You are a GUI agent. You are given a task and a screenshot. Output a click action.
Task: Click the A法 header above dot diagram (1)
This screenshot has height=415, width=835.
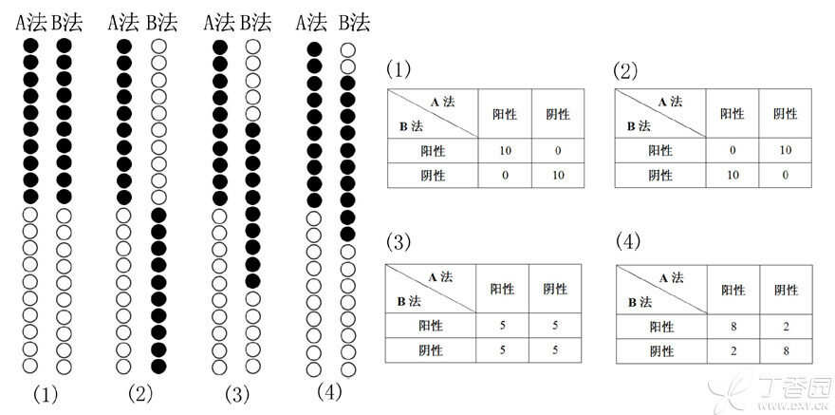coord(30,21)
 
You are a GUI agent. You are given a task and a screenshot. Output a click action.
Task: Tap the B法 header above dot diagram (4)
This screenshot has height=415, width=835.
coord(355,21)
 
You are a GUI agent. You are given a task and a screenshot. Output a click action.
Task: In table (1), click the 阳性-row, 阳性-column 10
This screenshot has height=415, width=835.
coord(504,151)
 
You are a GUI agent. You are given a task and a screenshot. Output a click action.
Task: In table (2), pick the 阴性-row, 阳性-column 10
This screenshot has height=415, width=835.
coord(732,176)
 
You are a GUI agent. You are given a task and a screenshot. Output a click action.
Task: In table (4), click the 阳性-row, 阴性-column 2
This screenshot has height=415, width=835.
coord(785,327)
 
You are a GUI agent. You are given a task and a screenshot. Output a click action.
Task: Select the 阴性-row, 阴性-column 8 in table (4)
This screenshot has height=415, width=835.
coord(785,350)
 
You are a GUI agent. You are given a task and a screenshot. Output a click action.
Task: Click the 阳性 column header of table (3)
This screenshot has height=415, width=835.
coord(504,289)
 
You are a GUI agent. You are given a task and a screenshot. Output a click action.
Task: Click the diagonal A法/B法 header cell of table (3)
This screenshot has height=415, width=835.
coord(431,289)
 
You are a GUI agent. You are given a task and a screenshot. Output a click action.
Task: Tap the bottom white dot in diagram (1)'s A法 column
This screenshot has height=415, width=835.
coord(30,366)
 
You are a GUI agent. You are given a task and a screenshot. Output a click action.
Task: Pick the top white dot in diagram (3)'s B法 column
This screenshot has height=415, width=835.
coord(252,46)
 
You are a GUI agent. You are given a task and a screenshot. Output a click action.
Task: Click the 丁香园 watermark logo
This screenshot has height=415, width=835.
coord(778,391)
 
